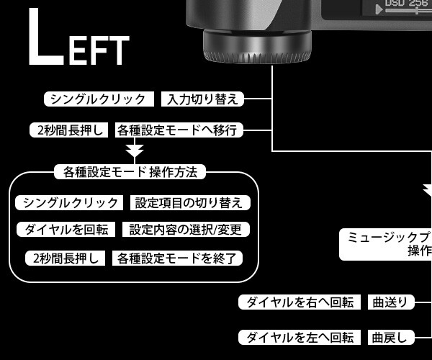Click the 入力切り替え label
click(x=202, y=99)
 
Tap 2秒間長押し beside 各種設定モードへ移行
click(x=69, y=130)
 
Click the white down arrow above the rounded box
click(x=135, y=150)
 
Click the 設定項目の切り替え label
click(x=188, y=202)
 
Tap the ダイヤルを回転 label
click(x=66, y=230)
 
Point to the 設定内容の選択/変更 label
click(x=186, y=230)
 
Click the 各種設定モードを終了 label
click(x=176, y=258)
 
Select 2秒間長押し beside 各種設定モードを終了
click(x=66, y=258)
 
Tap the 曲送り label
click(x=391, y=302)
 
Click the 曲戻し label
click(x=391, y=337)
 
